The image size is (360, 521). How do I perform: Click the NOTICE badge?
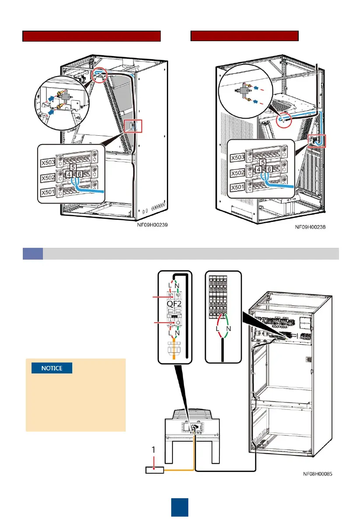point(52,368)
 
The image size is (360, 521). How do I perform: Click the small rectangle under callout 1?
point(154,470)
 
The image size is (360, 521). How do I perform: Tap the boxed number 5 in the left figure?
point(73,167)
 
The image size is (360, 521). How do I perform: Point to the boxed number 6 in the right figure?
point(269,169)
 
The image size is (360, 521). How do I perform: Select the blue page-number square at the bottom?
point(180,507)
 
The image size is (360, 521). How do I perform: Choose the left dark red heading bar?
point(92,36)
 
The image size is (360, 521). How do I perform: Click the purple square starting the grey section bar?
point(32,253)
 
